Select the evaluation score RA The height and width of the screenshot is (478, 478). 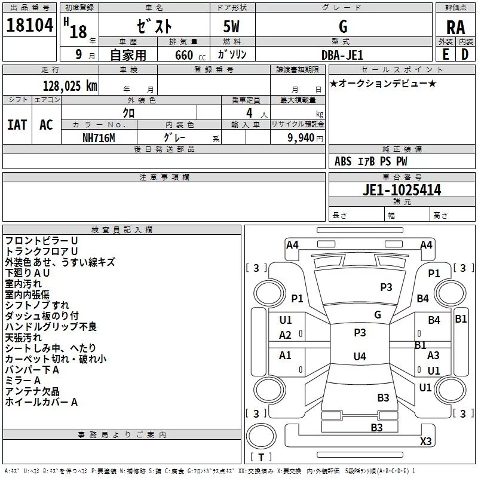point(455,27)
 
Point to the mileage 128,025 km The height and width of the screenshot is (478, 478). point(70,86)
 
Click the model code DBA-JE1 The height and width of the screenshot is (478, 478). point(343,54)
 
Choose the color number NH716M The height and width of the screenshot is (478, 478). point(100,137)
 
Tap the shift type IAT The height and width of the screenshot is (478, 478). point(17,125)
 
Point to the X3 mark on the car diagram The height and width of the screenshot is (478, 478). point(425,442)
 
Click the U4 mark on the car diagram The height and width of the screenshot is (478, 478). point(359,357)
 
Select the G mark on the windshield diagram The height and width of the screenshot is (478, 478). point(377,315)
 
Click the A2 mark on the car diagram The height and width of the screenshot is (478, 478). point(286,335)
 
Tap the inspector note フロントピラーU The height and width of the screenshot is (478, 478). point(41,240)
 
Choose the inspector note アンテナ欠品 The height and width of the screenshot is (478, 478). point(32,391)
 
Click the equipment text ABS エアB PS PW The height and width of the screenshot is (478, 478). point(371,161)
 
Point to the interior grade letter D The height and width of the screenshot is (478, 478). point(464,54)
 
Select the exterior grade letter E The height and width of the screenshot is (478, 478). point(445,54)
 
